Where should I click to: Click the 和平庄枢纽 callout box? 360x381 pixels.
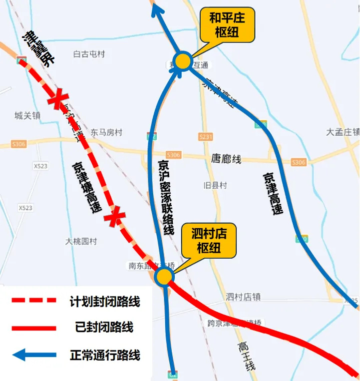pos(227,25)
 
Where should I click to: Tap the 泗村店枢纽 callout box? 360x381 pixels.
pos(209,240)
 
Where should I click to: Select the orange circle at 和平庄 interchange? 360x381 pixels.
pos(183,61)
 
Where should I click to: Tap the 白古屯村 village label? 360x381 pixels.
pos(89,54)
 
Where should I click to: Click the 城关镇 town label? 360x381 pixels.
pos(27,116)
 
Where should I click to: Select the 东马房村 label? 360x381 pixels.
pos(106,133)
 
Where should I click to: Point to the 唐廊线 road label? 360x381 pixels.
pos(226,159)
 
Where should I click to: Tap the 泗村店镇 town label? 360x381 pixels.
pos(243,297)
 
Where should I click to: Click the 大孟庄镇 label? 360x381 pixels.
pos(343,132)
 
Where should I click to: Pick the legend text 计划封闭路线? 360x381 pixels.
pos(105,302)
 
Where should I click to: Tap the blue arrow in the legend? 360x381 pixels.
pos(34,355)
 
